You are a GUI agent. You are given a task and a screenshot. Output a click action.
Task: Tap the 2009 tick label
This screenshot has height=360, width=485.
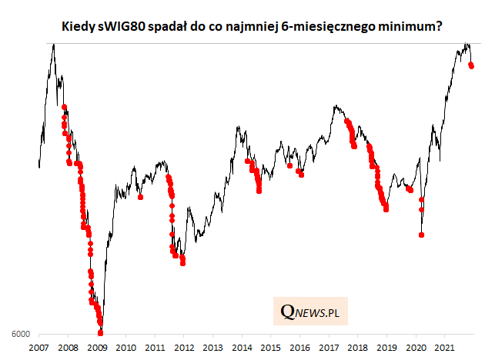coord(98,348)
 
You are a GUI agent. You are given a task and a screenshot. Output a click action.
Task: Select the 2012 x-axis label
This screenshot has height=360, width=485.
coord(184,348)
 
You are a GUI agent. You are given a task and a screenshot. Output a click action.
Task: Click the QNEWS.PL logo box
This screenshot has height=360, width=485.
coord(310,312)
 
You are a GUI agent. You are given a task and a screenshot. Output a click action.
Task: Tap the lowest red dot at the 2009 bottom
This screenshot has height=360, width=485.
coord(101,333)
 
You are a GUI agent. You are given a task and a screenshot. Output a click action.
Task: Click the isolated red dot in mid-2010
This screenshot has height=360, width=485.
coord(140,197)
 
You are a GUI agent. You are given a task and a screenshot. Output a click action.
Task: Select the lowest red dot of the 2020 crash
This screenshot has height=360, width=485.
coord(422,234)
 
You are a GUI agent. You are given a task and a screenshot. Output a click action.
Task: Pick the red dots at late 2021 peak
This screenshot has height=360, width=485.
coord(471,65)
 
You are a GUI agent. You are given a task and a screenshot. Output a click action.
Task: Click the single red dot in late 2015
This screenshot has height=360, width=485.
coord(289,165)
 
